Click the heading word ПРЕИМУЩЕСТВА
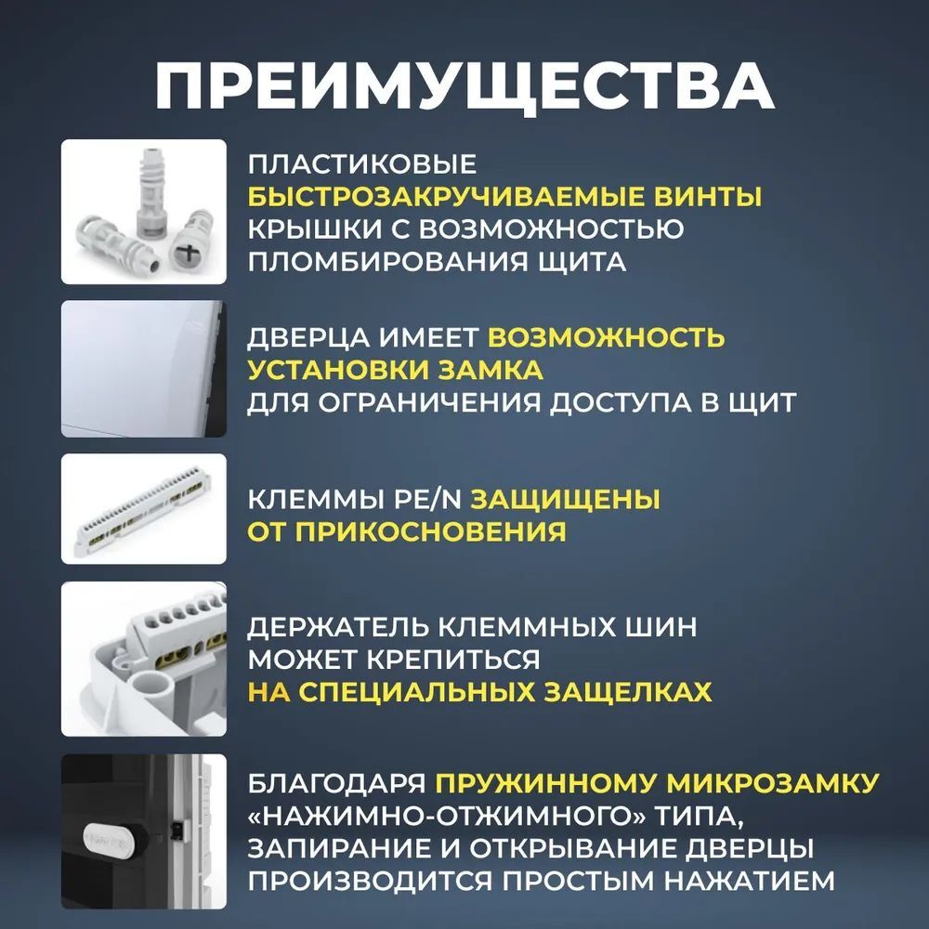tap(464, 85)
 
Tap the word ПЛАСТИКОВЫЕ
tap(362, 164)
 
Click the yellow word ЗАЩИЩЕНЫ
tap(565, 500)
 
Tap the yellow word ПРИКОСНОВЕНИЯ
tap(431, 532)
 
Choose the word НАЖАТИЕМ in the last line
tap(750, 881)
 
